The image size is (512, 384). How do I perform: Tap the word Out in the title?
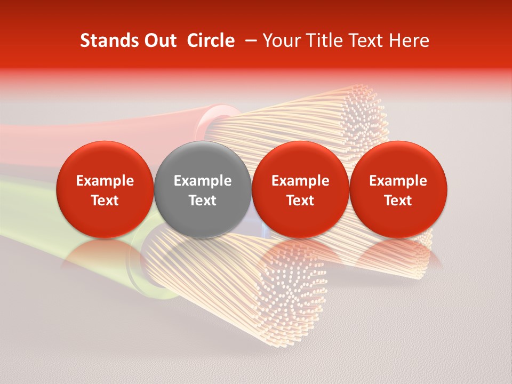[159, 41]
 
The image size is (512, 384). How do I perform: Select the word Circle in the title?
[211, 41]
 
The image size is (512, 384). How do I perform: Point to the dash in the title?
[249, 41]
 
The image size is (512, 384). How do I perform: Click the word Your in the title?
[282, 41]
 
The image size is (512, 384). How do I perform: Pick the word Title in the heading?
[322, 41]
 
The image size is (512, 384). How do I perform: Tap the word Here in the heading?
[410, 41]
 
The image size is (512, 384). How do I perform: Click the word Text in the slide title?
[367, 41]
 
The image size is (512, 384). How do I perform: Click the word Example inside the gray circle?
[203, 181]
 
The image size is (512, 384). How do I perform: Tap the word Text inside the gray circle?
[203, 201]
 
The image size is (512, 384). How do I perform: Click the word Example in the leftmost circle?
[105, 181]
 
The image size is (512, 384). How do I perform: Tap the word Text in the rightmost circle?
[398, 201]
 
